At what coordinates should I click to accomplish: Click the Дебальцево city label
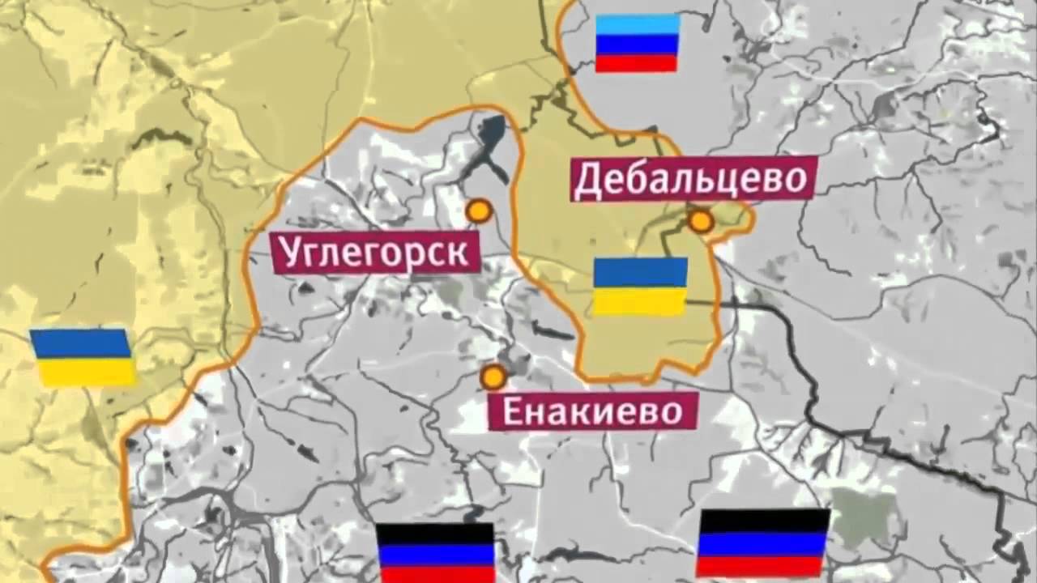pyautogui.click(x=690, y=181)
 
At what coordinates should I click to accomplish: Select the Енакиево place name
pyautogui.click(x=593, y=411)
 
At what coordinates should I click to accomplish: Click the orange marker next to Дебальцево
pyautogui.click(x=701, y=221)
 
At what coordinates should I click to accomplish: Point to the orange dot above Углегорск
pyautogui.click(x=479, y=211)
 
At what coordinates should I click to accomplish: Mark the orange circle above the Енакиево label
pyautogui.click(x=493, y=377)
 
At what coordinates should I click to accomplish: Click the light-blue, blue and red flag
pyautogui.click(x=637, y=44)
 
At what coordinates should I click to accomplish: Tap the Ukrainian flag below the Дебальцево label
pyautogui.click(x=640, y=287)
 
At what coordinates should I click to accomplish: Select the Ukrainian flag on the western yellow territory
pyautogui.click(x=83, y=357)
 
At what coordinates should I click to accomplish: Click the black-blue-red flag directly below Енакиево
pyautogui.click(x=436, y=553)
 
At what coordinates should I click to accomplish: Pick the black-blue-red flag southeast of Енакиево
pyautogui.click(x=763, y=543)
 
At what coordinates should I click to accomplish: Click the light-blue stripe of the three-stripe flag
pyautogui.click(x=637, y=24)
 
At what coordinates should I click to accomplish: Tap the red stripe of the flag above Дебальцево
pyautogui.click(x=637, y=63)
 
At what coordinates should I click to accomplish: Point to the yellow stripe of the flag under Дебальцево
pyautogui.click(x=640, y=301)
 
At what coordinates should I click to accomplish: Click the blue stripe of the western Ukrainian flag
pyautogui.click(x=83, y=343)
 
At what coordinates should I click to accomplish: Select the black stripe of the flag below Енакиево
pyautogui.click(x=436, y=533)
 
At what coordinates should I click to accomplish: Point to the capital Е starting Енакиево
pyautogui.click(x=512, y=411)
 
